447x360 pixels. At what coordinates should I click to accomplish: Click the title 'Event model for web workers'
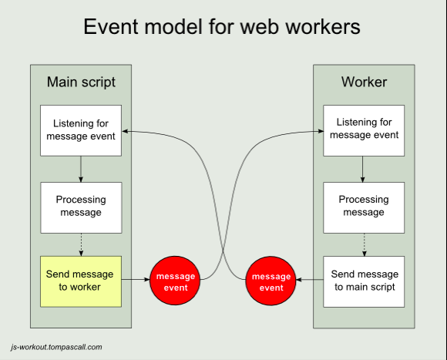click(222, 27)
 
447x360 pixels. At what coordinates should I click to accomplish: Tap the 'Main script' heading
click(81, 82)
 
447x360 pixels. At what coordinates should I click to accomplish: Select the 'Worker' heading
click(364, 82)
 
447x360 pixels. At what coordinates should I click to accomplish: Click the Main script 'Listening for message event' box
click(81, 130)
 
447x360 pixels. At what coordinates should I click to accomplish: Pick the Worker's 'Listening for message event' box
click(364, 130)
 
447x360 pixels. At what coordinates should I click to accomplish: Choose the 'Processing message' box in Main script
click(81, 208)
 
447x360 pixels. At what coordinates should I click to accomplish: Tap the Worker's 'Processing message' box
click(364, 208)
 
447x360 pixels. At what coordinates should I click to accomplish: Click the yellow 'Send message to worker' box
click(81, 281)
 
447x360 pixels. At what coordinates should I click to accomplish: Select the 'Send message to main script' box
click(364, 281)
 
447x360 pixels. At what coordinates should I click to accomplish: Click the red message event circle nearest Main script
click(175, 281)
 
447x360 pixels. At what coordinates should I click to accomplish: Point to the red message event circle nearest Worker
click(271, 281)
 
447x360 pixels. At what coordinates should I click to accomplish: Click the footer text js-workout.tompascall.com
click(56, 347)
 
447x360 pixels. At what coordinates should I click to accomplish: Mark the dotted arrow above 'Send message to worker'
click(81, 245)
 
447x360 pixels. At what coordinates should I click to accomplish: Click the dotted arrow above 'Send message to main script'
click(364, 245)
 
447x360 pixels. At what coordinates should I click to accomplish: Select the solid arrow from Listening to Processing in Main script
click(81, 170)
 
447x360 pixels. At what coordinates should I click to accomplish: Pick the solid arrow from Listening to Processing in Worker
click(363, 170)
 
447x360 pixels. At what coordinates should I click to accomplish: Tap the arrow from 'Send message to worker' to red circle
click(136, 280)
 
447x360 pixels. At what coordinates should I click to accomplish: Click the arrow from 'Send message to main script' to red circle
click(310, 280)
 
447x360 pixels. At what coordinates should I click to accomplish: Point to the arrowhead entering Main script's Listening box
click(125, 131)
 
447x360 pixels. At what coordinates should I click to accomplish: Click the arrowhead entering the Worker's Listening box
click(320, 131)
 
